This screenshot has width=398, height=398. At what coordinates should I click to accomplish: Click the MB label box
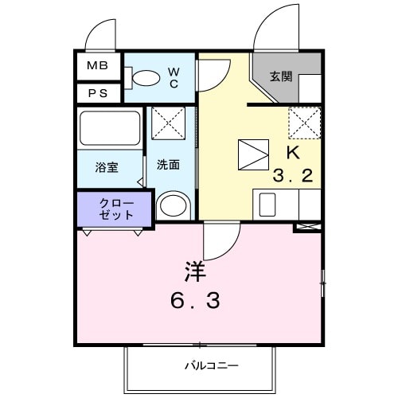97,65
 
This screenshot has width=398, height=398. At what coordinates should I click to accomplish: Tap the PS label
97,92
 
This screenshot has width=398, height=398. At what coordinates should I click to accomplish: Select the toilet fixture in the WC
142,77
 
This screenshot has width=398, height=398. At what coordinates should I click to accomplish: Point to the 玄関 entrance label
280,77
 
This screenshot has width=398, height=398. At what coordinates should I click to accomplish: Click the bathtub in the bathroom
110,128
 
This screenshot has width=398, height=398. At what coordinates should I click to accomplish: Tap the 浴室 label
107,167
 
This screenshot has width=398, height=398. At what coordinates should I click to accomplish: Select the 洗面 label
168,165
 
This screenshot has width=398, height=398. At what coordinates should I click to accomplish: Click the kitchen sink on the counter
264,205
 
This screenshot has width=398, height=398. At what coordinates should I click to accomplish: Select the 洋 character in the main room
196,271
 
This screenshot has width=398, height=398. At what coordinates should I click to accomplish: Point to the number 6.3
196,302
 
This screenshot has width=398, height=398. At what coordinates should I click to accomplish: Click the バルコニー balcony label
211,365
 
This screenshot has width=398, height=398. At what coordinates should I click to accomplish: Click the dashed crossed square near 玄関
304,122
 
